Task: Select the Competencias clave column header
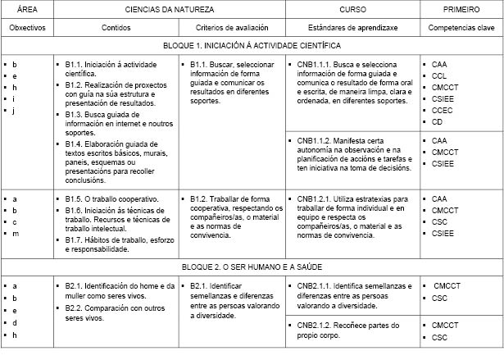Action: coord(461,27)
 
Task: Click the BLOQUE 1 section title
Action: coord(252,46)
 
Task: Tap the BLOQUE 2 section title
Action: coord(252,267)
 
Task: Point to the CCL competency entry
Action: coord(439,74)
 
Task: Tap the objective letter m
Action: coord(16,234)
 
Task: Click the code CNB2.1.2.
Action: coord(316,326)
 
